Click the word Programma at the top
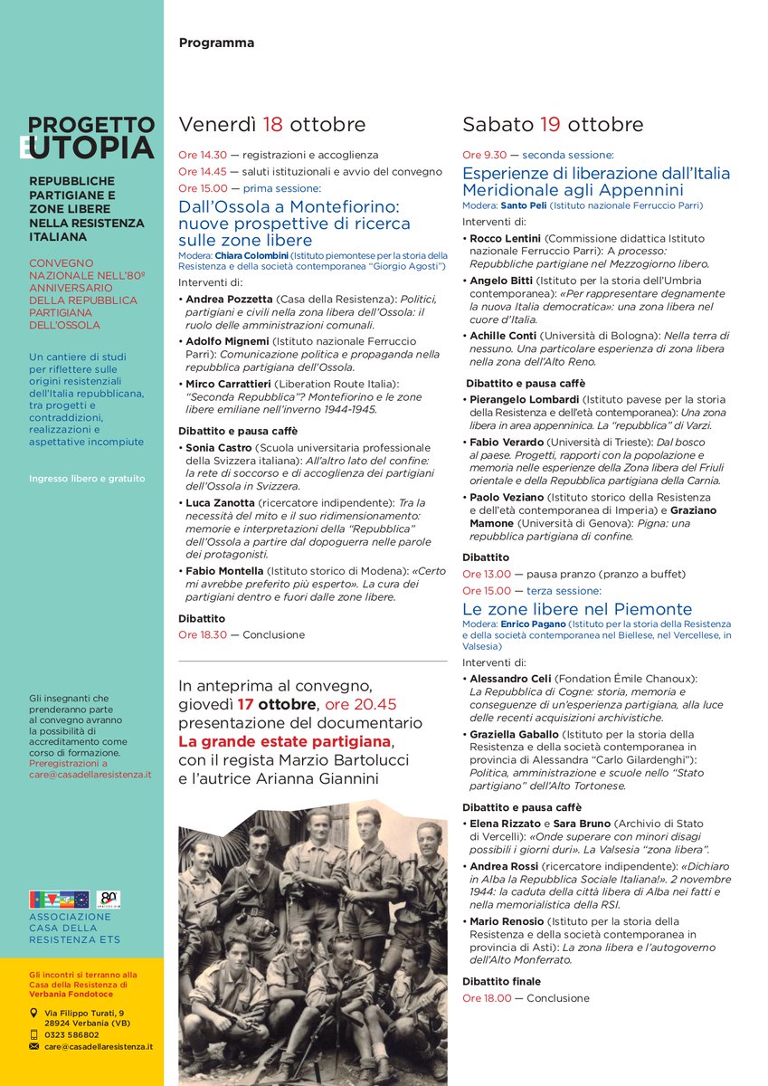pos(216,43)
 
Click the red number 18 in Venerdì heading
pos(273,124)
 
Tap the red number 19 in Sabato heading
pos(552,124)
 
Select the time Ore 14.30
pos(201,155)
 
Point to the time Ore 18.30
pos(201,634)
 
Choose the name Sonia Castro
pos(219,447)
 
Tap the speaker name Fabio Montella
pos(225,570)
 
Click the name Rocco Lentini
pos(505,237)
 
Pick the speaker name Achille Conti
pos(504,336)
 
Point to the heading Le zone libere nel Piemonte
pos(577,609)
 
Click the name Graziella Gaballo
pos(513,734)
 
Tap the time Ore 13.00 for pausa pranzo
pos(486,574)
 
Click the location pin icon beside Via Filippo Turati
pos(34,1013)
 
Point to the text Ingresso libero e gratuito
pos(87,479)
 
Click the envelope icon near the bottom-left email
pos(34,1046)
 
